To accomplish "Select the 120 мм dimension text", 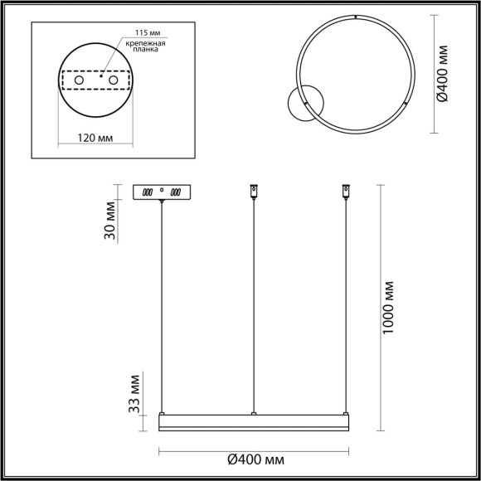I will click(x=94, y=138).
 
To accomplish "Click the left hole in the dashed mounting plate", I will click(x=80, y=80).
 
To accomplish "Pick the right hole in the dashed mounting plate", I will click(x=114, y=80).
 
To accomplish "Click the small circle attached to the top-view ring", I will click(x=298, y=105).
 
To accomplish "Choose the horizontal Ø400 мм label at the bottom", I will click(x=252, y=461).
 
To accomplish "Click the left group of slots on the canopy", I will click(x=148, y=192).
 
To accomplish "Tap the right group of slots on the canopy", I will click(x=175, y=192).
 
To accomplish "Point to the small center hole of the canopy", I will click(x=162, y=191).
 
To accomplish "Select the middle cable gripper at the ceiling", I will click(x=254, y=192).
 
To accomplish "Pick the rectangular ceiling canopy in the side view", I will click(x=162, y=192).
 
